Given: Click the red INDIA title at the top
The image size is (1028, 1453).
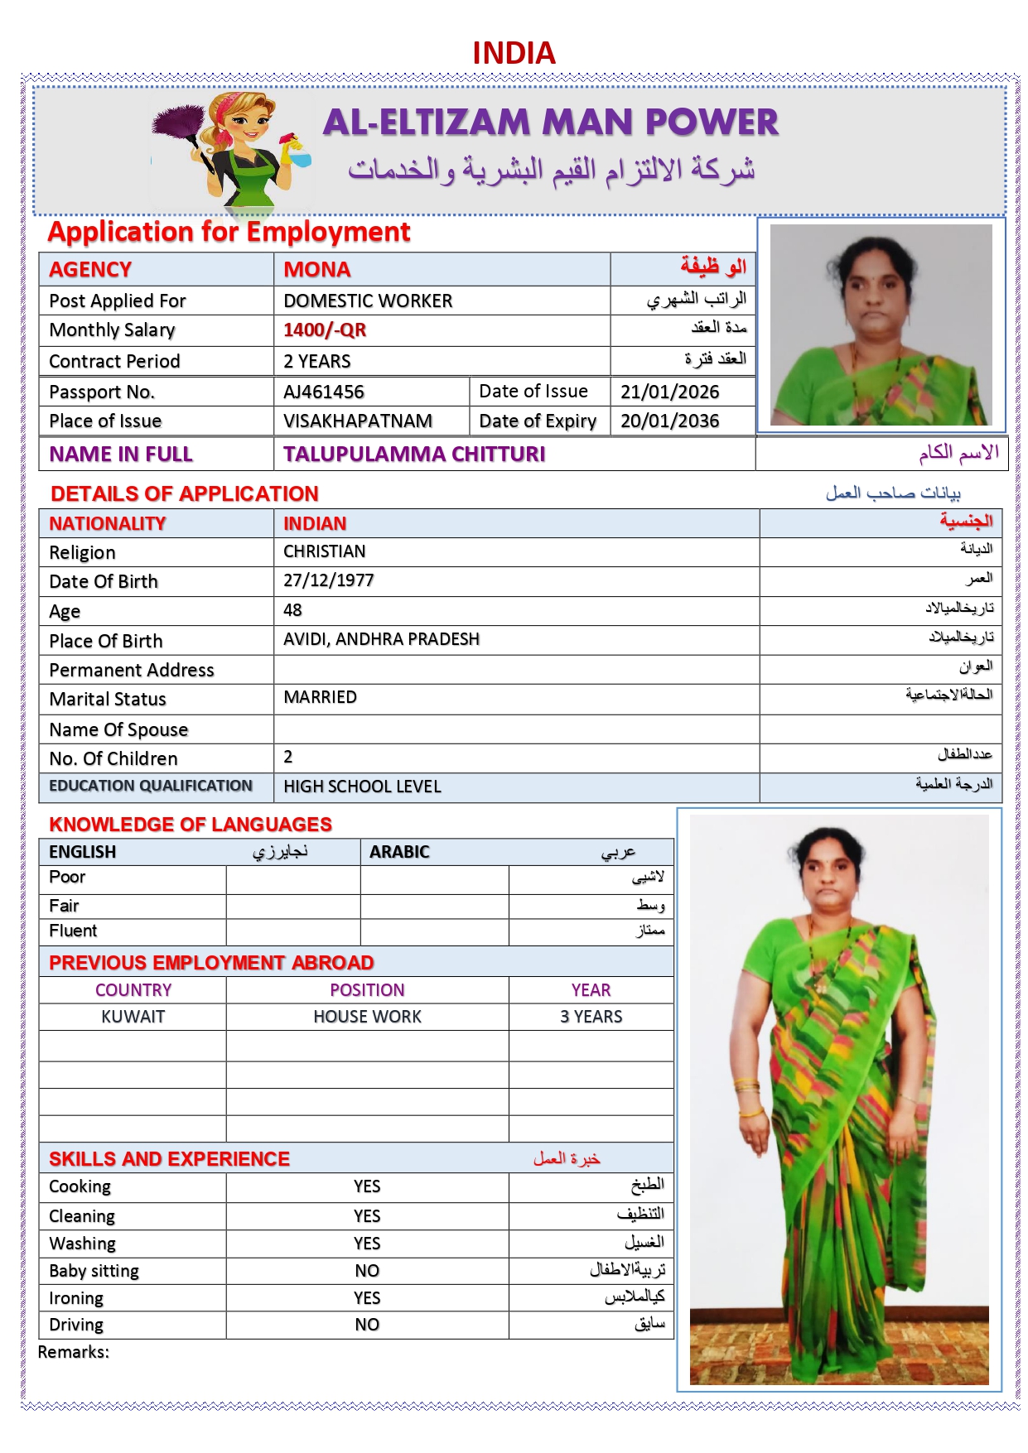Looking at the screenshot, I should tap(514, 53).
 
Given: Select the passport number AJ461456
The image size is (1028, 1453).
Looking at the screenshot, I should tap(324, 392).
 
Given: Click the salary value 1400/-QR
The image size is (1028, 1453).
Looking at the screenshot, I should tap(325, 330).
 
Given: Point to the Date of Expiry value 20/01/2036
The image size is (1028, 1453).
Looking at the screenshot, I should tap(669, 421).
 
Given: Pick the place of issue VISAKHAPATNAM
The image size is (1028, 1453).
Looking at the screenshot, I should tap(358, 421).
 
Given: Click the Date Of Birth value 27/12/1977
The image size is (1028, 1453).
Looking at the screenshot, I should tap(329, 580).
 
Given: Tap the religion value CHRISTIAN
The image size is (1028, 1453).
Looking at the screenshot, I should tap(325, 551).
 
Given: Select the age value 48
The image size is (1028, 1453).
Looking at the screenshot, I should tap(292, 610).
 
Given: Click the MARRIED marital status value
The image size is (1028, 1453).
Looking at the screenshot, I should tap(321, 697).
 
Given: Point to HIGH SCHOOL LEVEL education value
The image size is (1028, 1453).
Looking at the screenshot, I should tap(363, 787).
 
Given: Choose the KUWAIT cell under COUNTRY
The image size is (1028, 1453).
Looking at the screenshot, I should tap(133, 1017).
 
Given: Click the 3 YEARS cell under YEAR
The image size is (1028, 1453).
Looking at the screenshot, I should tap(591, 1017).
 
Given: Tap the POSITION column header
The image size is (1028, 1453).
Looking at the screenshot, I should tap(367, 990).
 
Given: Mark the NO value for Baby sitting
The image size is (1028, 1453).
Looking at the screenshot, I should tap(367, 1271).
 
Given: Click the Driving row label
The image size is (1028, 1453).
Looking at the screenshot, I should tap(76, 1325).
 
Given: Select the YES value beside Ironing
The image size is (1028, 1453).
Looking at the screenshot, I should tap(367, 1298).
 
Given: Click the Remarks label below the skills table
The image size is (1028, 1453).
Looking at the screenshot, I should tap(74, 1352).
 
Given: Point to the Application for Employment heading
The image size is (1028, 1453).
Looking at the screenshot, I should tap(229, 232).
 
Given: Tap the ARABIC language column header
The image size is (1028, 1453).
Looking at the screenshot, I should tap(399, 852).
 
